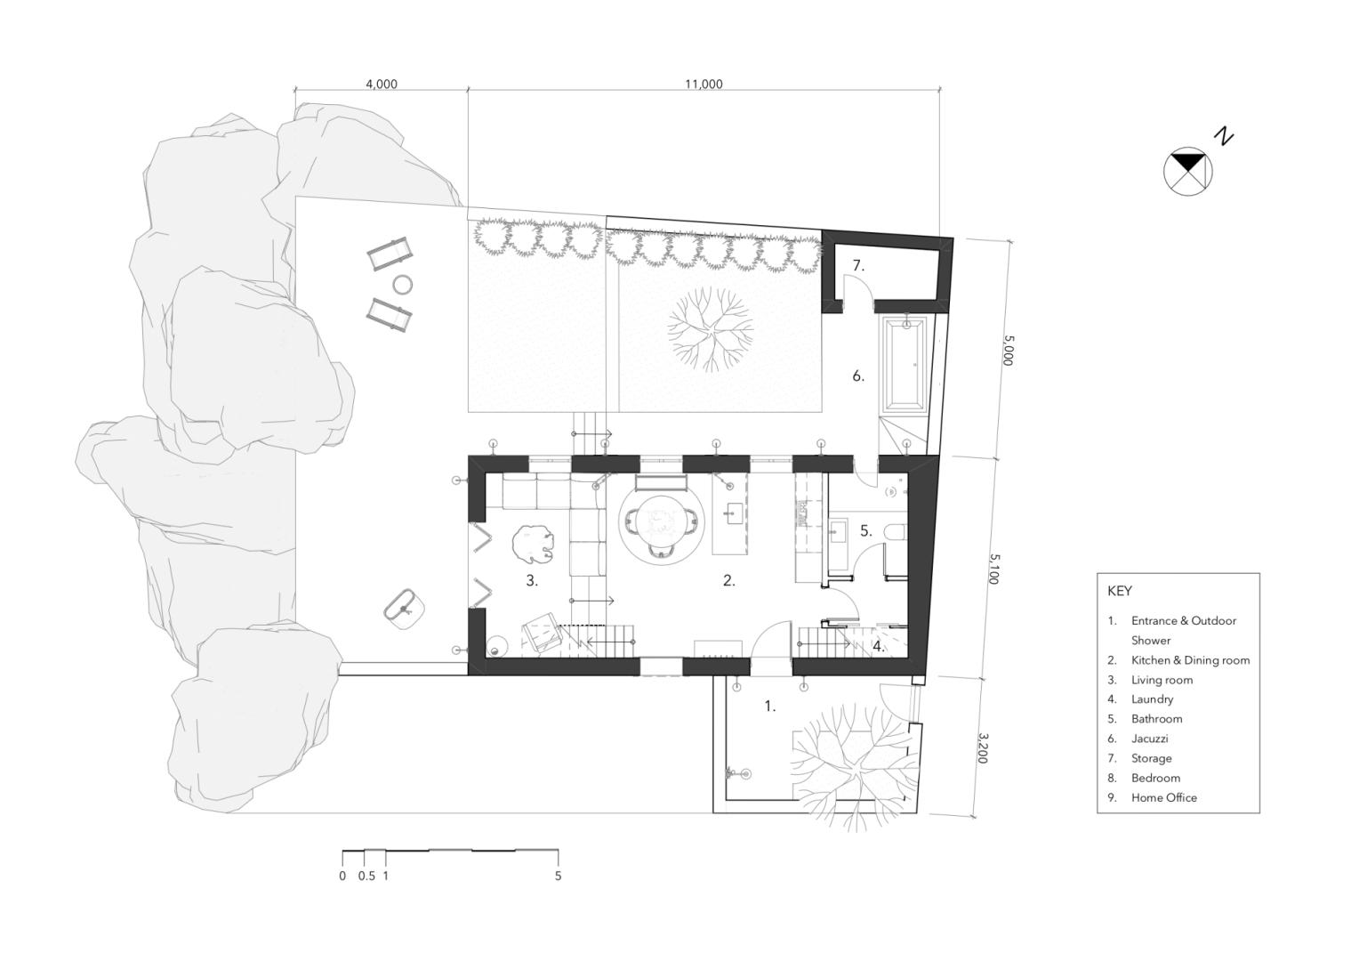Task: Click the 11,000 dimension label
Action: (704, 85)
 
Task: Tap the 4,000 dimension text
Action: (382, 85)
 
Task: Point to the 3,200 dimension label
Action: (984, 748)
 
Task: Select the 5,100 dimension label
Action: (994, 569)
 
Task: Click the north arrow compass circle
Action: (1188, 172)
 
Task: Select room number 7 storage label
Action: (858, 265)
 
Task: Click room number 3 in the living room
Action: (532, 580)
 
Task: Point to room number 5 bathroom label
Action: (865, 531)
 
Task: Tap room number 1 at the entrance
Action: (770, 706)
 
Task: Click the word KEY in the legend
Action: (1120, 591)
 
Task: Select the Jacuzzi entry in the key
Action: (1150, 739)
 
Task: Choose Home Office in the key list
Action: (1164, 797)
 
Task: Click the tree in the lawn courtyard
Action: (711, 329)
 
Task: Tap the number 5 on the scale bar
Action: (559, 876)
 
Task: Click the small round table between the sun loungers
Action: (403, 284)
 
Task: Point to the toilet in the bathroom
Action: (895, 532)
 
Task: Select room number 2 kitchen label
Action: (729, 580)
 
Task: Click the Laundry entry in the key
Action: (1152, 699)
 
